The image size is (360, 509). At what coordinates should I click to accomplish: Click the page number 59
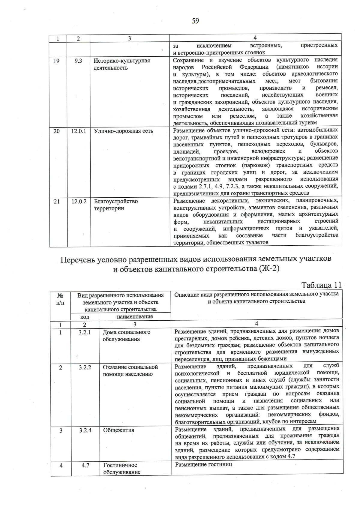(195, 21)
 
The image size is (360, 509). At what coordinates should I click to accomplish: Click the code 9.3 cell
(78, 61)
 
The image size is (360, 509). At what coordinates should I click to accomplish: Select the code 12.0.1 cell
(79, 131)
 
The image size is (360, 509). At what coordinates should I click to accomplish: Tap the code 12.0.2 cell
(79, 202)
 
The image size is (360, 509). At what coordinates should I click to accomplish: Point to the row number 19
(56, 61)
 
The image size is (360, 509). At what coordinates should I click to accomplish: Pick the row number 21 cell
(57, 202)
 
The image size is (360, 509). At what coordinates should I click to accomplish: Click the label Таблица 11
(321, 285)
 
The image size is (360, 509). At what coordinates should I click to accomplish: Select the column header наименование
(135, 316)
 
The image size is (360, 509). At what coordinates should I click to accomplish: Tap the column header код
(85, 317)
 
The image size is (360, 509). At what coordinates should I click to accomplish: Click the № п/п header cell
(60, 299)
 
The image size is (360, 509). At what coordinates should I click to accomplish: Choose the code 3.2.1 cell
(85, 332)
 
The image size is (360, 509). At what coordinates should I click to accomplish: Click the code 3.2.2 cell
(85, 367)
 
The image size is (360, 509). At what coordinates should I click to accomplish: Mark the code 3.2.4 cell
(85, 430)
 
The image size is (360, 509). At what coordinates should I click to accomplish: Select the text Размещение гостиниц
(204, 465)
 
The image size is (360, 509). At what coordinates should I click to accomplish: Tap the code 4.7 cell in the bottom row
(85, 465)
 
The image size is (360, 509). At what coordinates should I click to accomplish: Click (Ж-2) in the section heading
(268, 269)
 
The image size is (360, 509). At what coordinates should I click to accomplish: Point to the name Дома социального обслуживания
(126, 336)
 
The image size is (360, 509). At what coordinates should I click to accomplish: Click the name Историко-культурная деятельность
(122, 64)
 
